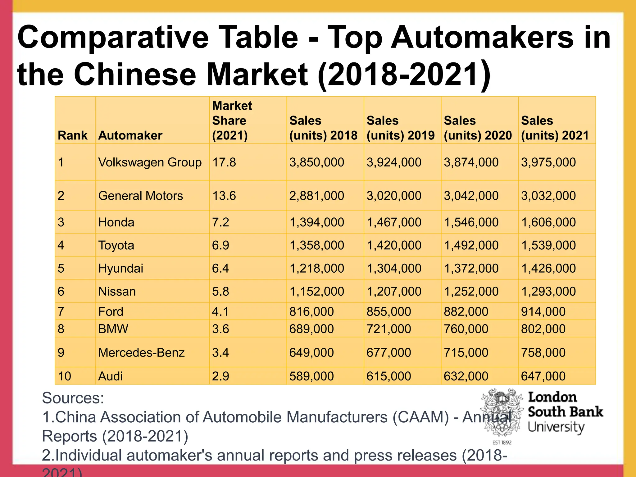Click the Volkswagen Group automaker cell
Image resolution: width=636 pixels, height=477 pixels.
(150, 162)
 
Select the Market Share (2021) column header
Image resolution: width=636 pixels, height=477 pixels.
(232, 120)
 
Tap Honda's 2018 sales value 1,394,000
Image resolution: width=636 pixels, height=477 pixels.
(316, 222)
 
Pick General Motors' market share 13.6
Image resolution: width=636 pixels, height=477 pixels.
(224, 196)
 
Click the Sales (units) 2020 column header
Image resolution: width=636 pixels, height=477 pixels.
(477, 128)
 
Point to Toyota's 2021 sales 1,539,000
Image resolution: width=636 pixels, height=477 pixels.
(548, 245)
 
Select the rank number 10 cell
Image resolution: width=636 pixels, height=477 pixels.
(64, 376)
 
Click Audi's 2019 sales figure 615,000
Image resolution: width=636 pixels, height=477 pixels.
(388, 376)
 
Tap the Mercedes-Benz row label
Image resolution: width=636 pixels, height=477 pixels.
(141, 352)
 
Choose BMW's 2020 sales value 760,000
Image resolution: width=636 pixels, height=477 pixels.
(466, 329)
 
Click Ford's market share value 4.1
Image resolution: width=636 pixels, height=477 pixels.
(220, 311)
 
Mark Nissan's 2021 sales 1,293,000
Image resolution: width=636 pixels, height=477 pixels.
(548, 291)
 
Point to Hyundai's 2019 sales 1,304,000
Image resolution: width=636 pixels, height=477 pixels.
(394, 268)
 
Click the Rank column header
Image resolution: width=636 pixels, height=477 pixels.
(72, 135)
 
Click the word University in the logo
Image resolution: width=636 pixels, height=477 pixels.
(556, 427)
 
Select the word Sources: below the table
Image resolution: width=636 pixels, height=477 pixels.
(73, 398)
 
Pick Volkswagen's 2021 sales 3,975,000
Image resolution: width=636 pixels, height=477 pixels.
(548, 162)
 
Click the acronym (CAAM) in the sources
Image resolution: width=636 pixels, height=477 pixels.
(420, 417)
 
